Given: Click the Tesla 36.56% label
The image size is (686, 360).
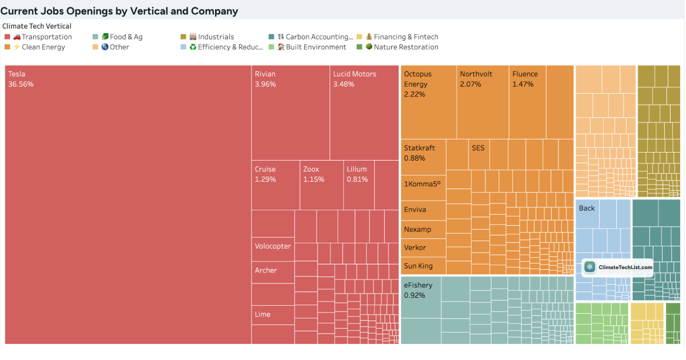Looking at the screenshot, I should tap(21, 79).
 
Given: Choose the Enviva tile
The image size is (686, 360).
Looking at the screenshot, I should tap(423, 210).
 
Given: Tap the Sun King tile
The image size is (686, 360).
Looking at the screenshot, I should tap(423, 266).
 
